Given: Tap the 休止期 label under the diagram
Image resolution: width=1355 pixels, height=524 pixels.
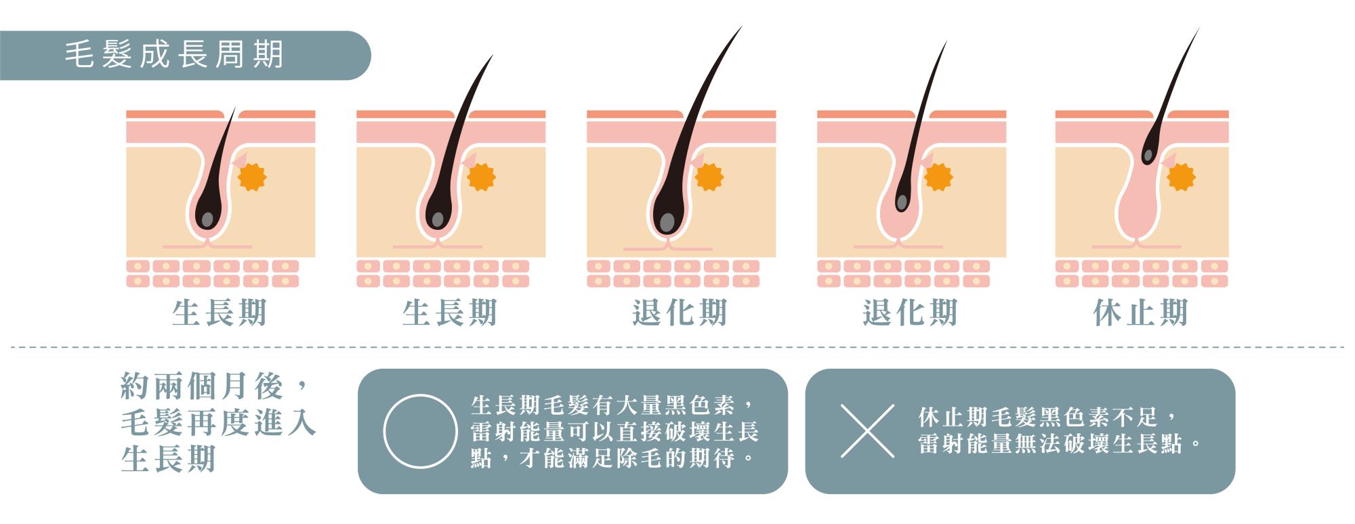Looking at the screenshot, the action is tap(1140, 313).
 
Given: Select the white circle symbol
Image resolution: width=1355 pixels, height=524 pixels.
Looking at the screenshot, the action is tap(420, 432).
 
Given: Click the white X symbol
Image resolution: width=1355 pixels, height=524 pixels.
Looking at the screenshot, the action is tap(867, 430).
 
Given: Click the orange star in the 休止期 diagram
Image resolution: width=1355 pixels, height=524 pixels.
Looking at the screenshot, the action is tap(1181, 178).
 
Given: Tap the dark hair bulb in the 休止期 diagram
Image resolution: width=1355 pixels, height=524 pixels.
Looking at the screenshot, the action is tap(1148, 155).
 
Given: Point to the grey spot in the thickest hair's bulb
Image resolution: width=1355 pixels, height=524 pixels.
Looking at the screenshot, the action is tap(667, 222).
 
